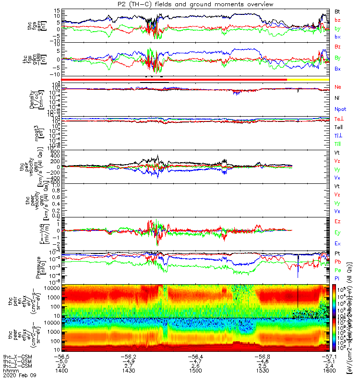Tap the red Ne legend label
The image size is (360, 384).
337,87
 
